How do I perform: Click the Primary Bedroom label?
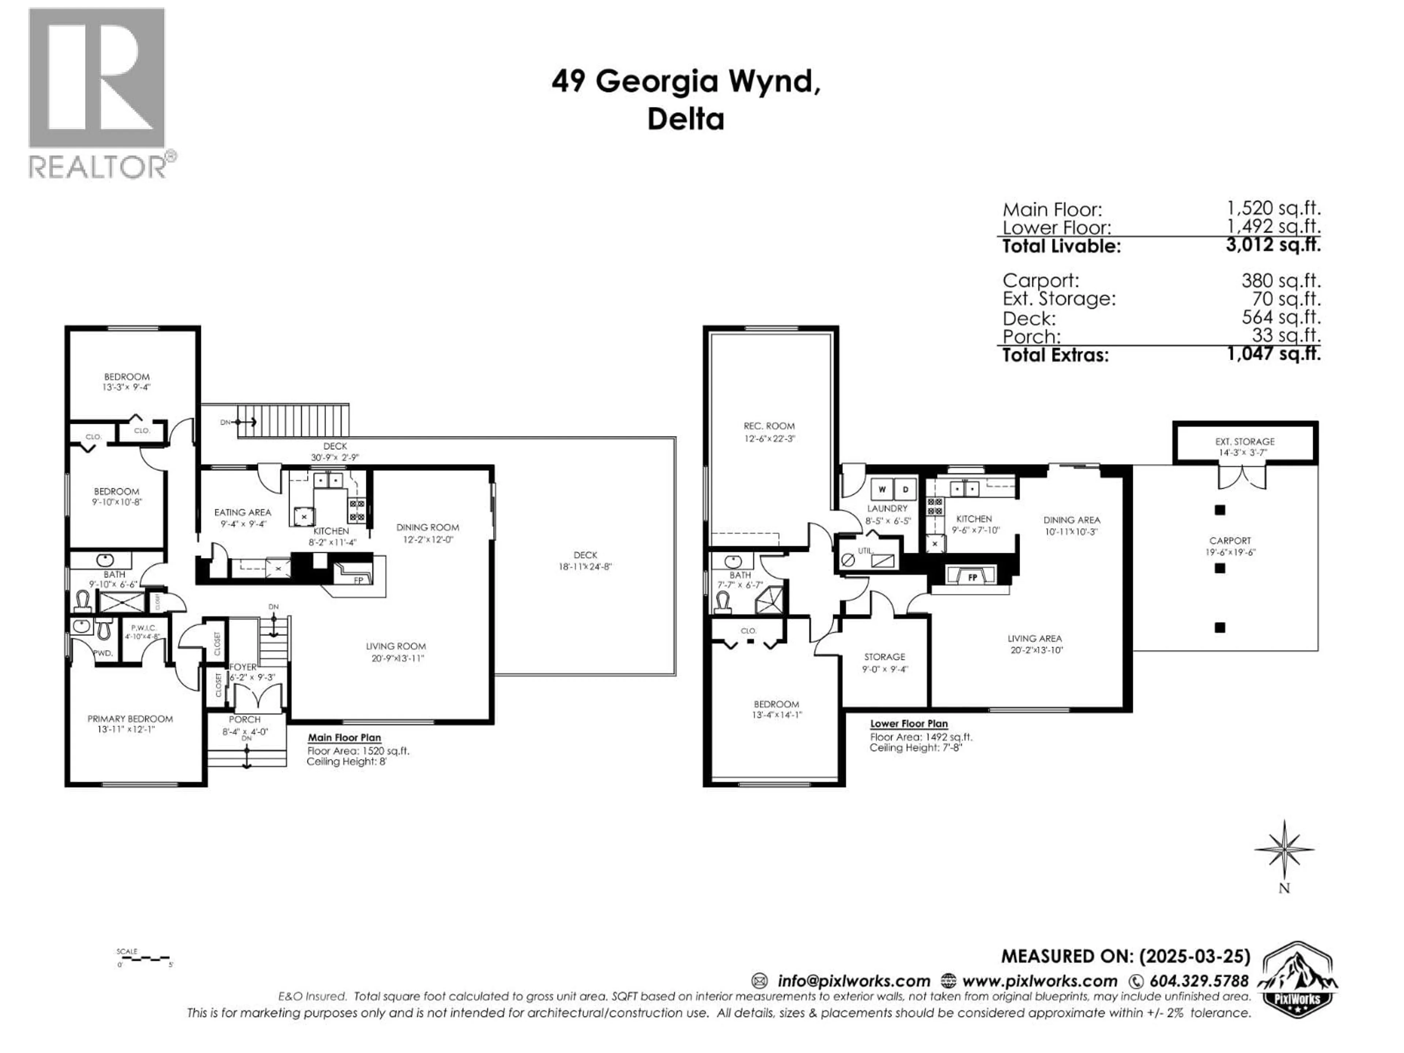(x=130, y=718)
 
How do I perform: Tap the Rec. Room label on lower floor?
(x=769, y=426)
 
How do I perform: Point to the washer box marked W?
(x=882, y=489)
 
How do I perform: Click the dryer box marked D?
(x=905, y=489)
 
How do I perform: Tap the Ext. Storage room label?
(x=1245, y=441)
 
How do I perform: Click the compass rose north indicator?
(x=1284, y=849)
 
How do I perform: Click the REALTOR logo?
(x=98, y=92)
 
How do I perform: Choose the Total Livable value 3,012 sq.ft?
(x=1273, y=245)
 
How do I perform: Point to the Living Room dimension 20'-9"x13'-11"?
(x=397, y=658)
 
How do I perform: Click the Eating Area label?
(x=242, y=512)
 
